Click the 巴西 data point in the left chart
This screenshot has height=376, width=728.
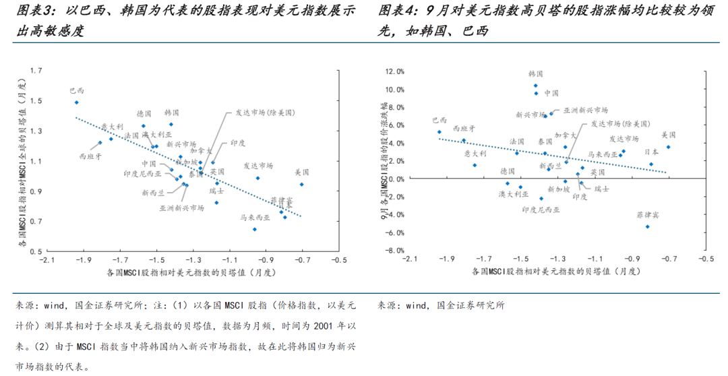pyautogui.click(x=77, y=102)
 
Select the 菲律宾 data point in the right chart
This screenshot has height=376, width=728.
pyautogui.click(x=648, y=226)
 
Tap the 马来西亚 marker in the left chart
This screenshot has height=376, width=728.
pyautogui.click(x=255, y=229)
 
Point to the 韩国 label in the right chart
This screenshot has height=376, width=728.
pyautogui.click(x=536, y=73)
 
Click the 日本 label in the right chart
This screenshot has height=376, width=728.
pyautogui.click(x=651, y=152)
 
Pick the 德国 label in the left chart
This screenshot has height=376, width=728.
pyautogui.click(x=144, y=113)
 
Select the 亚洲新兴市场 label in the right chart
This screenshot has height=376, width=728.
pyautogui.click(x=585, y=110)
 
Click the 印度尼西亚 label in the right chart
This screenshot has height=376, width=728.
pyautogui.click(x=541, y=210)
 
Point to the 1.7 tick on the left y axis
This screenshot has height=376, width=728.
pyautogui.click(x=36, y=71)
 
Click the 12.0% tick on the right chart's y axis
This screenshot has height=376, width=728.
pyautogui.click(x=394, y=71)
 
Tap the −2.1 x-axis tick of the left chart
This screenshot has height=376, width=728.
pyautogui.click(x=47, y=259)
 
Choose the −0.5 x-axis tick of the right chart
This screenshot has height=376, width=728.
pyautogui.click(x=705, y=259)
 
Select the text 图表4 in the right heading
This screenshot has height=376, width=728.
pyautogui.click(x=396, y=11)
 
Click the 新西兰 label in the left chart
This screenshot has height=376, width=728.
pyautogui.click(x=153, y=193)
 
